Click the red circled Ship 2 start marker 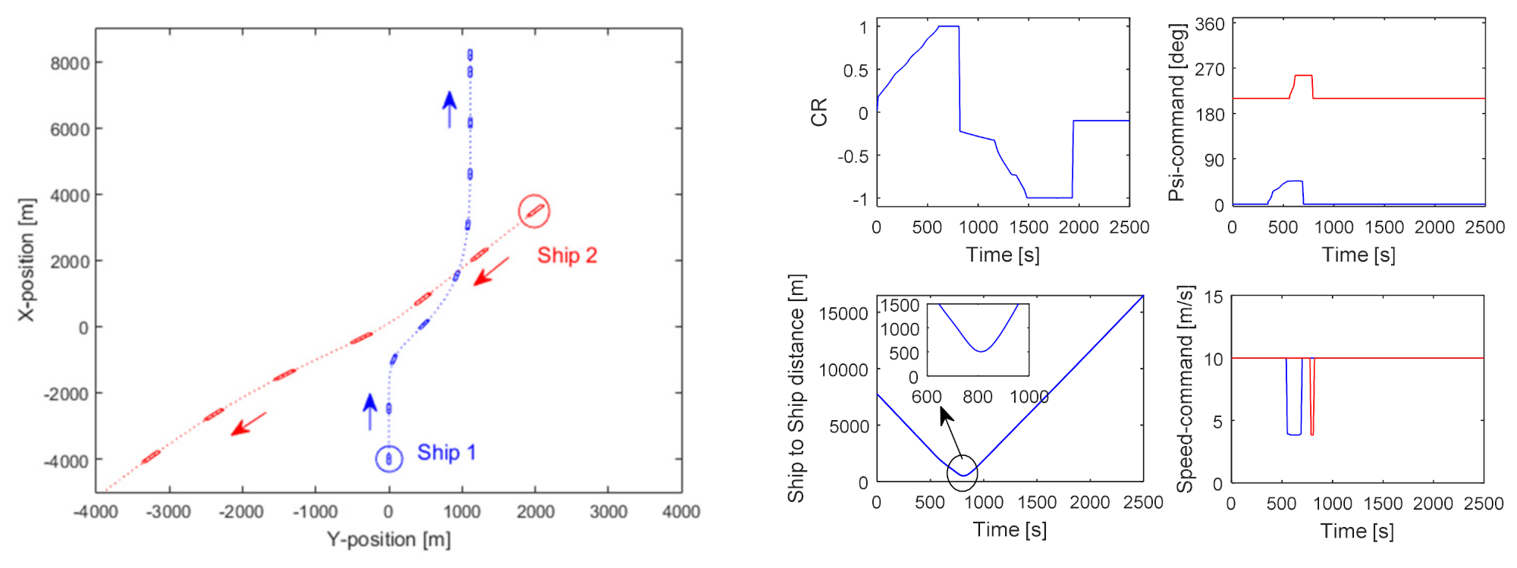click(x=534, y=211)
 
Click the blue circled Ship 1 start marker click(x=389, y=459)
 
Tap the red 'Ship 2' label click(x=567, y=256)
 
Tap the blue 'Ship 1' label click(x=446, y=453)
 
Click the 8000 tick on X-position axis click(x=70, y=63)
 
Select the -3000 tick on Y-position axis click(x=168, y=512)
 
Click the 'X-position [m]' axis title click(x=27, y=260)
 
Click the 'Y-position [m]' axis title click(x=388, y=540)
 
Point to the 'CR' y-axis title click(x=819, y=112)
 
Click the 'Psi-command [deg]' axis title click(x=1176, y=112)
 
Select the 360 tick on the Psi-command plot click(x=1210, y=24)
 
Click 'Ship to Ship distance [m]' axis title click(x=796, y=388)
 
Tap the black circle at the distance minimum click(x=963, y=473)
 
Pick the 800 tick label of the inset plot click(x=978, y=397)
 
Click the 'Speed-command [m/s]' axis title click(x=1186, y=388)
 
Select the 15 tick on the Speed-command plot click(x=1213, y=297)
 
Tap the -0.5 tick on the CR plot click(x=853, y=156)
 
